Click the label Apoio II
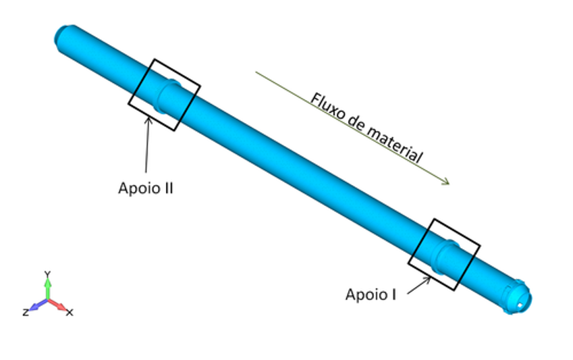click(145, 188)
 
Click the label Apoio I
click(371, 294)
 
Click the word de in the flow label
click(356, 122)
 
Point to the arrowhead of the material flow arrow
click(446, 182)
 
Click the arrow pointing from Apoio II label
click(147, 145)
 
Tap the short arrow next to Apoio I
click(419, 285)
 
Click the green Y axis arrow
click(47, 289)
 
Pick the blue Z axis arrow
click(38, 305)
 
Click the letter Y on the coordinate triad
click(47, 274)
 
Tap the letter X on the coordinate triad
click(70, 313)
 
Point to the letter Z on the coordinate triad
click(26, 313)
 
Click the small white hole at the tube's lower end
click(520, 305)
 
